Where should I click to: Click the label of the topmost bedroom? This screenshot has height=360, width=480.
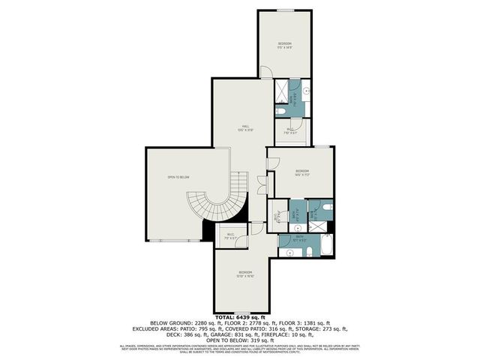284,45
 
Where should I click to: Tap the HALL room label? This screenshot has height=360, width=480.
245,126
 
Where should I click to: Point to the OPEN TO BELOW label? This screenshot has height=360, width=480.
178,177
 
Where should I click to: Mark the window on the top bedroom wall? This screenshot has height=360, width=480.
284,10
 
